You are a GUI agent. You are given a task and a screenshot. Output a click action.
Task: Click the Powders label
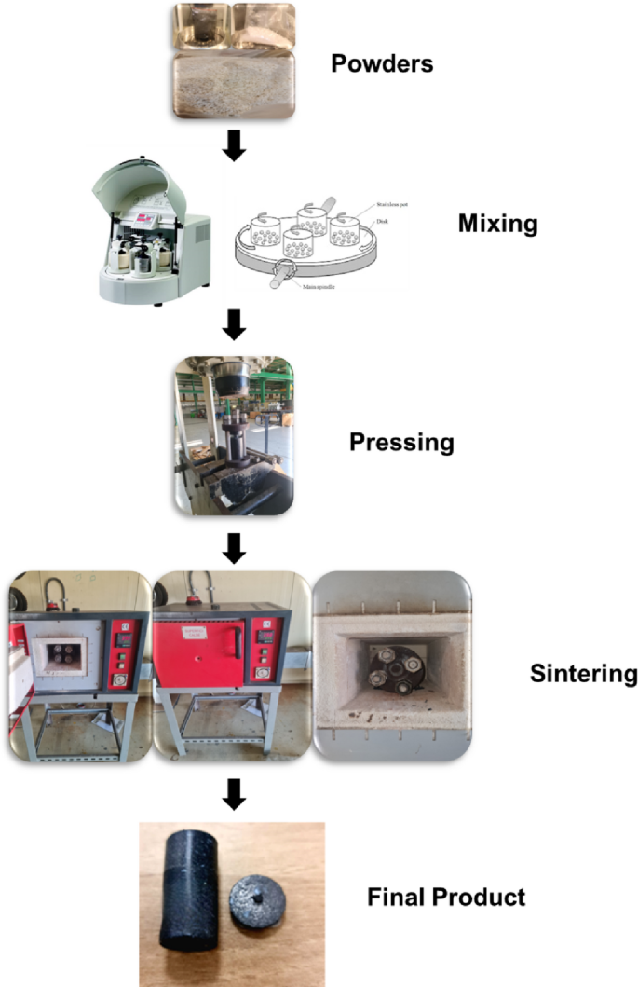pyautogui.click(x=384, y=65)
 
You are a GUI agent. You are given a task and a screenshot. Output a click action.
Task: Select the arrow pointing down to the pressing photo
pyautogui.click(x=235, y=323)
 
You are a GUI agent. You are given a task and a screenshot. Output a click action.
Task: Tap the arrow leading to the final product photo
pyautogui.click(x=235, y=793)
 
